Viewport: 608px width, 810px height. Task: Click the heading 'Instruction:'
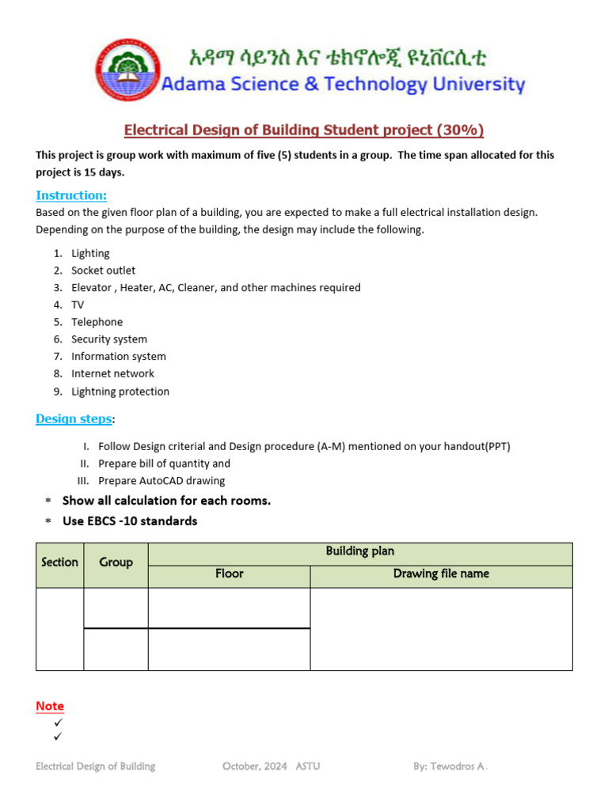[x=71, y=195]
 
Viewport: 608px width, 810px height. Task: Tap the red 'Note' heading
[x=50, y=706]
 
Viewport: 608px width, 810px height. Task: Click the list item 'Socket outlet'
[x=103, y=271]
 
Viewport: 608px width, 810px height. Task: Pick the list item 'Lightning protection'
[x=120, y=392]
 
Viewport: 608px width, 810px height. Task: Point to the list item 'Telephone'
[x=97, y=322]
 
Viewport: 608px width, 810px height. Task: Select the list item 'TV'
[x=78, y=305]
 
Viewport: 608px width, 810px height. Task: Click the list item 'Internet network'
[x=112, y=373]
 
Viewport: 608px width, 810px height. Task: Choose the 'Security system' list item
[x=109, y=339]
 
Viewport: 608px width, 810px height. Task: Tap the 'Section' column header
[x=59, y=562]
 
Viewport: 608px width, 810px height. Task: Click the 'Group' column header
[x=116, y=562]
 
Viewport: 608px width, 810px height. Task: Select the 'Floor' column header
[x=229, y=574]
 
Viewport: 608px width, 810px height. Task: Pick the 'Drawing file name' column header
[x=441, y=574]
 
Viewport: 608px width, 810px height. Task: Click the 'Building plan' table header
[x=359, y=551]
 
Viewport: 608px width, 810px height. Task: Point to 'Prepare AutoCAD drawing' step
[x=161, y=481]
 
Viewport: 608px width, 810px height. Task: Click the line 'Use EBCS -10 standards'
[x=130, y=521]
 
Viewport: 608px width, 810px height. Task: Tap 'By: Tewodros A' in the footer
[x=454, y=766]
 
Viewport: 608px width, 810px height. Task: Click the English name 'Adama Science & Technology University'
[x=343, y=85]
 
